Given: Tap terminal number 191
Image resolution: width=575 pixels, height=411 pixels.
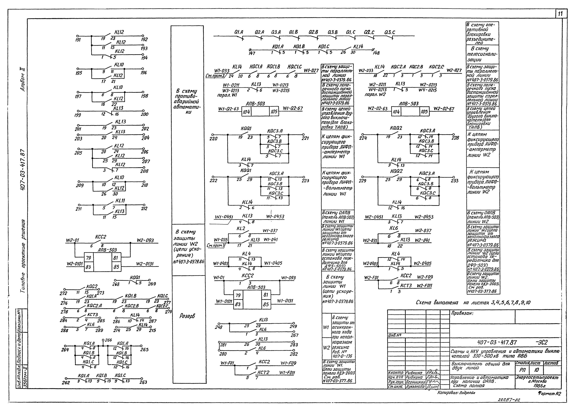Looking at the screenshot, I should point(78,40).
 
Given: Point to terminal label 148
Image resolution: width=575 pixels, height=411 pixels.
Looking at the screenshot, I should point(376,53).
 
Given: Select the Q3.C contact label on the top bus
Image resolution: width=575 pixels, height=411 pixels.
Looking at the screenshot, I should point(390,32).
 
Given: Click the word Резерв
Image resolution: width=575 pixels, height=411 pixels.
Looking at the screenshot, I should point(187,316).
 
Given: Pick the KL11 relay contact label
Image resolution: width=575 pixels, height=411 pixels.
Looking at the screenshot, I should point(120,201).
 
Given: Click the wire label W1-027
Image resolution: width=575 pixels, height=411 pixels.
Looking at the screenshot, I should point(311,71).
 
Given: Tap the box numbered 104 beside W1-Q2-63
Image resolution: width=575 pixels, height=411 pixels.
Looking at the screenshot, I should point(246,112).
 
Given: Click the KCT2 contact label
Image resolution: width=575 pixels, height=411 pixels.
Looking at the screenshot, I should point(264,372).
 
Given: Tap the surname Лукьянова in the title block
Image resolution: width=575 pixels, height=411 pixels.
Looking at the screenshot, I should point(415,387).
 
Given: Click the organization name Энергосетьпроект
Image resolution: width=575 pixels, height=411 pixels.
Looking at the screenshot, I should point(537,377).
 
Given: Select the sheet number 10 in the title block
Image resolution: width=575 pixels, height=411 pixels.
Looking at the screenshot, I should point(536,370).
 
